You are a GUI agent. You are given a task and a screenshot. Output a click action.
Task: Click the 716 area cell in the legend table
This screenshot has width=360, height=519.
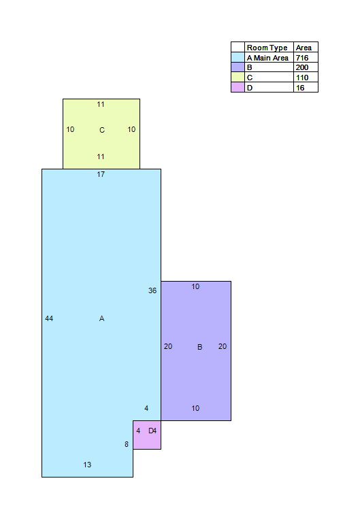pyautogui.click(x=302, y=58)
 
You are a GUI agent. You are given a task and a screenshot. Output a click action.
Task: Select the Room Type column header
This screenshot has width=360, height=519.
pyautogui.click(x=267, y=48)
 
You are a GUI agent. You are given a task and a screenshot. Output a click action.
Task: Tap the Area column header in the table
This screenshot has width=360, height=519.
pyautogui.click(x=304, y=48)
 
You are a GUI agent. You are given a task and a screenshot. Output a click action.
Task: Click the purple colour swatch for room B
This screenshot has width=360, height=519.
pyautogui.click(x=238, y=67)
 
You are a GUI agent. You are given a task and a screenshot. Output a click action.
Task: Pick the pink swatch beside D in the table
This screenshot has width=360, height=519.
pyautogui.click(x=238, y=87)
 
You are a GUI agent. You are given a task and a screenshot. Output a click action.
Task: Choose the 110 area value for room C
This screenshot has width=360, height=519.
pyautogui.click(x=302, y=78)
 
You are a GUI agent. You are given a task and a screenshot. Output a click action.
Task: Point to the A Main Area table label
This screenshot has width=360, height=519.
pyautogui.click(x=267, y=58)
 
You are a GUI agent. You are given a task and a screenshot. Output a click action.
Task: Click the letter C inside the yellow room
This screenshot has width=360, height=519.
pyautogui.click(x=102, y=130)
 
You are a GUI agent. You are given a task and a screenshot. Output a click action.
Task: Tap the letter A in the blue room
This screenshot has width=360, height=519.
pyautogui.click(x=101, y=318)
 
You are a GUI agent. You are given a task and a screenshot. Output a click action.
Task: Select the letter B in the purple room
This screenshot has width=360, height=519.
pyautogui.click(x=199, y=347)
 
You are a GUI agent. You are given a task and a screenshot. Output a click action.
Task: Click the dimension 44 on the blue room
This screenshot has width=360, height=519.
pyautogui.click(x=49, y=318)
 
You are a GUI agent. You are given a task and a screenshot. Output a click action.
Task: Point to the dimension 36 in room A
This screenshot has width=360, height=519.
pyautogui.click(x=152, y=290)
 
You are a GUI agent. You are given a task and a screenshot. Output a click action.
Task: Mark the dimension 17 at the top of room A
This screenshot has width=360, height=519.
pyautogui.click(x=101, y=174)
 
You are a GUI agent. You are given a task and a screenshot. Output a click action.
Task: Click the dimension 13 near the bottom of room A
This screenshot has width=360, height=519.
pyautogui.click(x=87, y=465)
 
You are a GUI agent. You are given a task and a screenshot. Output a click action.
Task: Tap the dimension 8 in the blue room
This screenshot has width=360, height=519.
pyautogui.click(x=127, y=444)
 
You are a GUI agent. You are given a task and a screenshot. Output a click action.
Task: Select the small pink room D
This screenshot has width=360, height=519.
pyautogui.click(x=147, y=435)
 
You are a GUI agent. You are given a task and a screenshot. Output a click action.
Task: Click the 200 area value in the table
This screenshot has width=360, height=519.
pyautogui.click(x=302, y=67)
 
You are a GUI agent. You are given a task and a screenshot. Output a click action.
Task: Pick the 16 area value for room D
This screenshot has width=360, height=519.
pyautogui.click(x=300, y=88)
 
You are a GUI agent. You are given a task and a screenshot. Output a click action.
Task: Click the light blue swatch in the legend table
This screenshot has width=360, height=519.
pyautogui.click(x=238, y=57)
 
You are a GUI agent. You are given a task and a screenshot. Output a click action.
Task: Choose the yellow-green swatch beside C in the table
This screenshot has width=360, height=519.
pyautogui.click(x=238, y=77)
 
